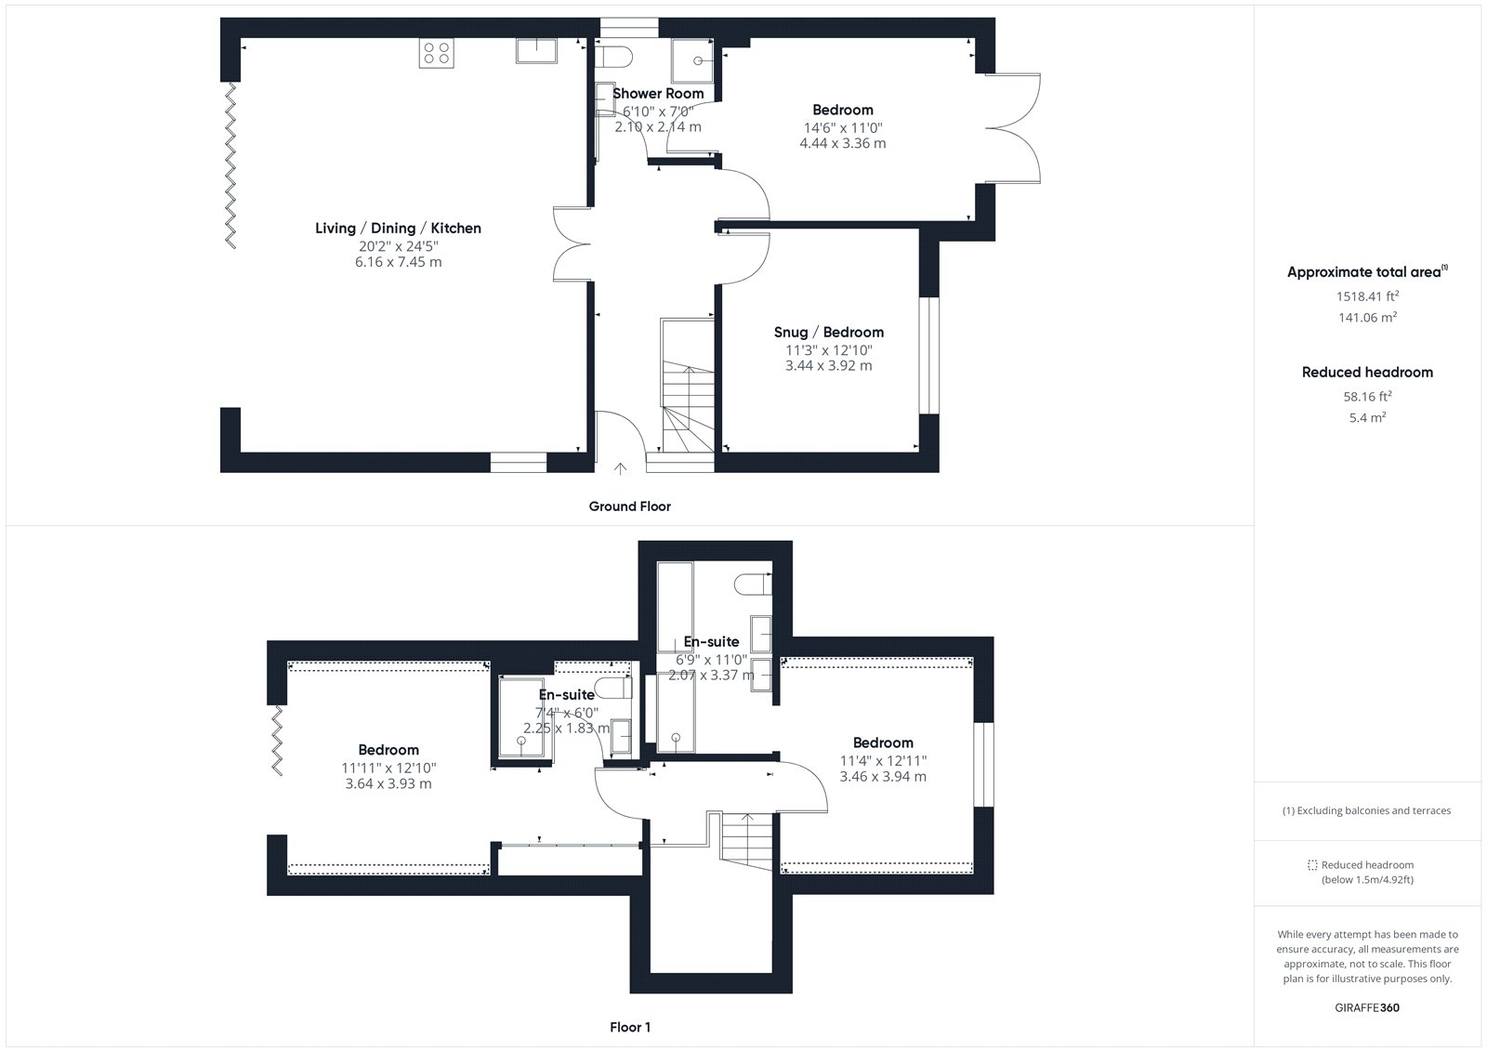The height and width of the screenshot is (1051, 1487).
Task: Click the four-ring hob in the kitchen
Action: click(x=436, y=53)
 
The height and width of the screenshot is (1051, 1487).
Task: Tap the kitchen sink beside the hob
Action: click(x=536, y=50)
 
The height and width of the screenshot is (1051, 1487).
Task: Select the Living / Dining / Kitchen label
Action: click(x=399, y=228)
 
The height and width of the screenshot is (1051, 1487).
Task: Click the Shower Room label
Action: click(x=658, y=94)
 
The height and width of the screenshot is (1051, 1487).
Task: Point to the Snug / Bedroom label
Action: click(x=828, y=332)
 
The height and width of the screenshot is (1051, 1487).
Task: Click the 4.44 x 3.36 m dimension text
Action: click(x=842, y=143)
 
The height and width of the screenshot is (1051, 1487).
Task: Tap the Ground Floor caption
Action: click(x=629, y=506)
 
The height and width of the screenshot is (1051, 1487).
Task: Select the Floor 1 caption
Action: click(x=630, y=1027)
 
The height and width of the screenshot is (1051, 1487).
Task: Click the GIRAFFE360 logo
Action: click(x=1367, y=1007)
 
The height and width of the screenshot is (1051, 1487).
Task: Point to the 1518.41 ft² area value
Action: click(x=1367, y=296)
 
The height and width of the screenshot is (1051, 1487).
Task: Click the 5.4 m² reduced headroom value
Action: click(x=1367, y=417)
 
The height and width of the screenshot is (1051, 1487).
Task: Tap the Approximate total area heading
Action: click(x=1367, y=271)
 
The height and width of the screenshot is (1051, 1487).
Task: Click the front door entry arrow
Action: click(x=620, y=468)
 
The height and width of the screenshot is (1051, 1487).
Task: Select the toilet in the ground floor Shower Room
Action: click(x=611, y=57)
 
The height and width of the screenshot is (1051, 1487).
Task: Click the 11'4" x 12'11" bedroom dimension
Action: click(x=883, y=761)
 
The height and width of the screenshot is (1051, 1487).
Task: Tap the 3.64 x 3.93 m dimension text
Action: click(x=388, y=783)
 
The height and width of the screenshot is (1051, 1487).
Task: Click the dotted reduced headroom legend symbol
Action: click(x=1311, y=865)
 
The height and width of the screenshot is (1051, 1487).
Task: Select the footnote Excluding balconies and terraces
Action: click(x=1366, y=810)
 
